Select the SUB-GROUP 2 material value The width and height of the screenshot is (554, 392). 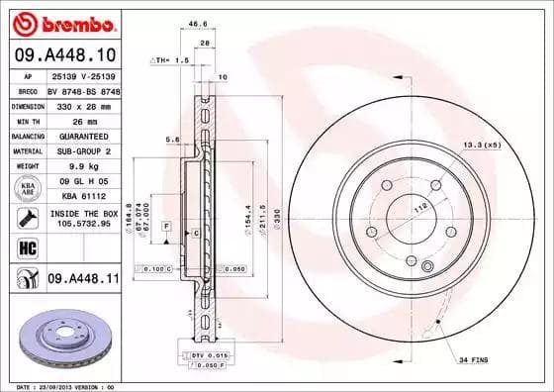83,151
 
